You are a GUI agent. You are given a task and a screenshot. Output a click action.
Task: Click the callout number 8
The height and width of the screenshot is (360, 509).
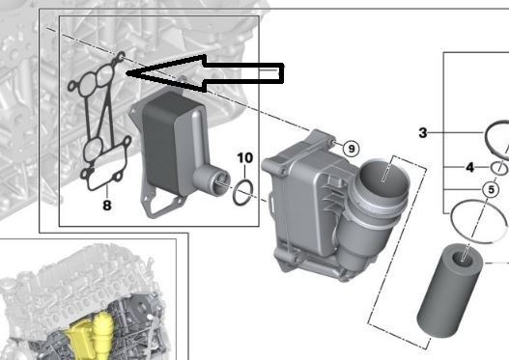[106, 205]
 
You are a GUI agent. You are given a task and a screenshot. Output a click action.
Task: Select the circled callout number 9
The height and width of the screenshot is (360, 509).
[351, 148]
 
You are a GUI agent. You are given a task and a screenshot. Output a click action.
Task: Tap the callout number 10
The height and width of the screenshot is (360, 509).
[244, 157]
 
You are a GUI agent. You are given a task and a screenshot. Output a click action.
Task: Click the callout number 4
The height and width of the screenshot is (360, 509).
[469, 167]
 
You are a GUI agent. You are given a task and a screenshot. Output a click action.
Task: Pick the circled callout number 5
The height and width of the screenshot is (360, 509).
[492, 189]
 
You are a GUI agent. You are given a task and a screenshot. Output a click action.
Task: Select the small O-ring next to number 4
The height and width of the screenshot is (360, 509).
[500, 167]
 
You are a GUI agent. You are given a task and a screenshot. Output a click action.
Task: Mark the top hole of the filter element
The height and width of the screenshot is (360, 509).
[467, 253]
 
